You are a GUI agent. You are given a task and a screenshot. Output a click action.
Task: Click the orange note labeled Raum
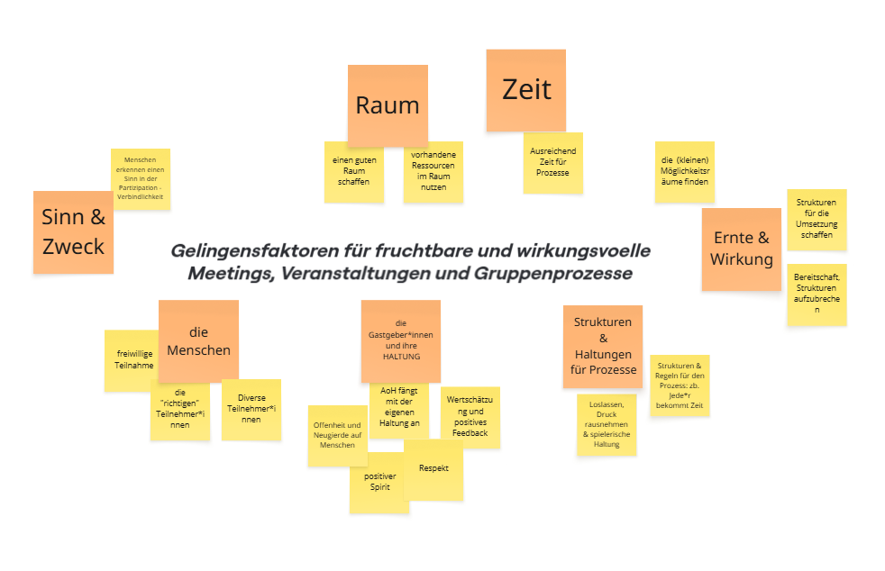(x=388, y=105)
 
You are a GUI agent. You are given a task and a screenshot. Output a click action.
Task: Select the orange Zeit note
(x=526, y=90)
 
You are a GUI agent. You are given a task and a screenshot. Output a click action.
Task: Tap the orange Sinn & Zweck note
(x=73, y=231)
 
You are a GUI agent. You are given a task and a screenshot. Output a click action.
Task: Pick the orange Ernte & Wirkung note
(x=741, y=249)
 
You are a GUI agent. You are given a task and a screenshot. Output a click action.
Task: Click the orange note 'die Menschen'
(x=198, y=340)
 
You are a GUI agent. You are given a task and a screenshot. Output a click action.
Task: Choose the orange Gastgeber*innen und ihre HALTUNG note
(x=400, y=340)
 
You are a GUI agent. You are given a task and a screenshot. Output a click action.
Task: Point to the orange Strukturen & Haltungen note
(x=603, y=345)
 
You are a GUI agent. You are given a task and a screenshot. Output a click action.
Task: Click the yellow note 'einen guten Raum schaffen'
(x=353, y=172)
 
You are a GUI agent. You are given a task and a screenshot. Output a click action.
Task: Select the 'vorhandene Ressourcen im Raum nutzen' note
(x=433, y=172)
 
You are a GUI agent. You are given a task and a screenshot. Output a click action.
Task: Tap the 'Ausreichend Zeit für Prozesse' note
(x=552, y=163)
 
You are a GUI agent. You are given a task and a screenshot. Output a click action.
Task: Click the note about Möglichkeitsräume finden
(x=684, y=171)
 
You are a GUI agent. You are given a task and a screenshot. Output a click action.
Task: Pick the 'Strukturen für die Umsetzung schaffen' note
(x=817, y=219)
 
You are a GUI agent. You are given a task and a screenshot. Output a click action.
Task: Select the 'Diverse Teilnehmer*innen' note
(x=251, y=410)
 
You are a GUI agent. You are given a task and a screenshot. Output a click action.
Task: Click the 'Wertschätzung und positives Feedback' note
(x=470, y=416)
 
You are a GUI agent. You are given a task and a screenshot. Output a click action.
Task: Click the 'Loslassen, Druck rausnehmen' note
(x=607, y=424)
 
